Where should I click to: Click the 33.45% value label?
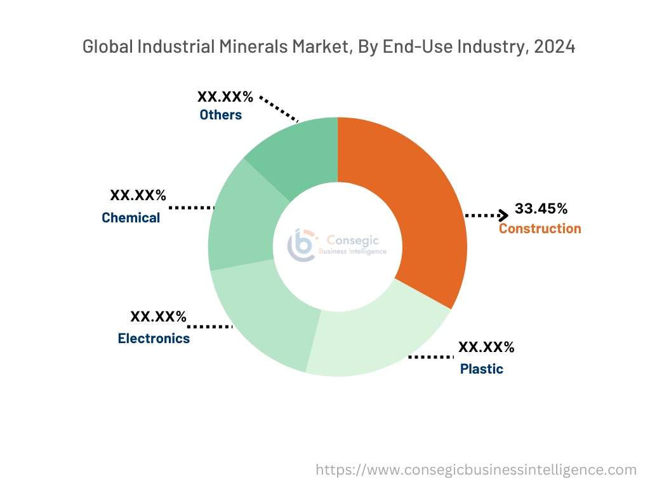click(x=541, y=209)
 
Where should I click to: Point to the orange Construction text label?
click(x=540, y=229)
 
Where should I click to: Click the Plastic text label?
click(x=481, y=369)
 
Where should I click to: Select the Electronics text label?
click(x=154, y=339)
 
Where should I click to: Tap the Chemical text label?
click(x=131, y=218)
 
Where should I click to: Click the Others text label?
click(x=220, y=115)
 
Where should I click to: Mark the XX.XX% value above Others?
click(x=225, y=97)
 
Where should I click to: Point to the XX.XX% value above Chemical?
click(x=138, y=196)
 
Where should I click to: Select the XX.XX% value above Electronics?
click(x=158, y=316)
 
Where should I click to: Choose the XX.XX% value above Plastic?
click(x=486, y=348)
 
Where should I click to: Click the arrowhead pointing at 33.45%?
click(x=503, y=215)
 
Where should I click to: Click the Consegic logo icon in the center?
click(x=302, y=245)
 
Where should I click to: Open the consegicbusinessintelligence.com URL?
click(x=476, y=470)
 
